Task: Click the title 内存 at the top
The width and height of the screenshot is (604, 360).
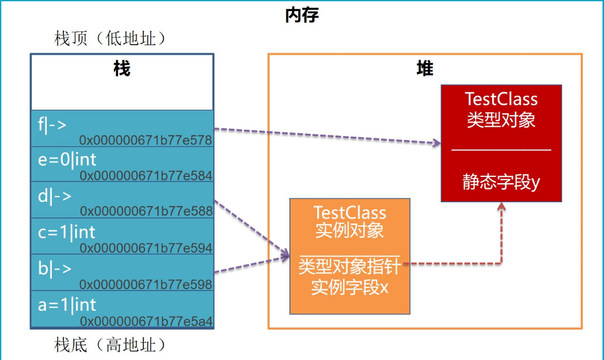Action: [302, 15]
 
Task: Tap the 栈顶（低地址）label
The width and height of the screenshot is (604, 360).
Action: [110, 39]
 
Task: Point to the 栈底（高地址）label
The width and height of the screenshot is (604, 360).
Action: [110, 346]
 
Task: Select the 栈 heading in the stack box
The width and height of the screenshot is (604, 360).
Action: [122, 68]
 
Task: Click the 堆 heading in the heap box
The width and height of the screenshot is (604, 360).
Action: [425, 68]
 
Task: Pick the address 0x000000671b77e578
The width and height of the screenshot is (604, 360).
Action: [145, 140]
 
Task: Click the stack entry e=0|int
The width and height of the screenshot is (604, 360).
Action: [67, 160]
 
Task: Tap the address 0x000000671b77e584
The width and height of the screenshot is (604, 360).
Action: [145, 176]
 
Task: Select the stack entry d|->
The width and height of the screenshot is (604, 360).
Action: [55, 196]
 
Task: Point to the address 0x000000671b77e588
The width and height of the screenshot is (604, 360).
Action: [145, 211]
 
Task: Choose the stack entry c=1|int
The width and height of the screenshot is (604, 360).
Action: [67, 232]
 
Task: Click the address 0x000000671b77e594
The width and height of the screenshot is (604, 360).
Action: [145, 248]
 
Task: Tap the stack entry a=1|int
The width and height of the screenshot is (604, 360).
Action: [67, 304]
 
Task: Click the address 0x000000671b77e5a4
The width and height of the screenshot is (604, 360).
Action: [145, 321]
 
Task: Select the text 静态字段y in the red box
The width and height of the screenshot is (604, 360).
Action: [501, 182]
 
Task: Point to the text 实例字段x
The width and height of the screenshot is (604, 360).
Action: [349, 287]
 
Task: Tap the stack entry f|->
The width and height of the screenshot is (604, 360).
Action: [53, 124]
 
